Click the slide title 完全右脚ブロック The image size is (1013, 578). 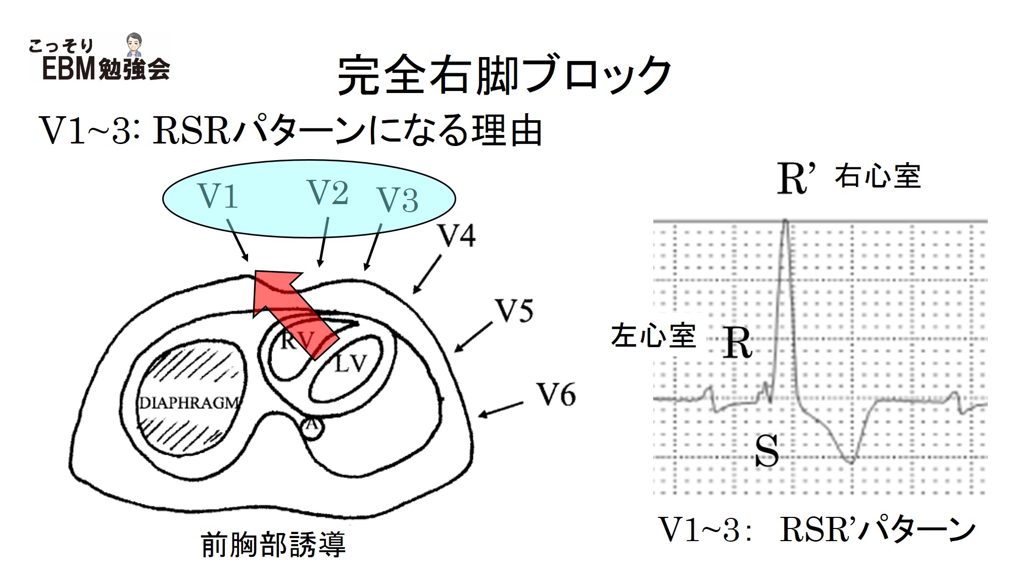(x=504, y=76)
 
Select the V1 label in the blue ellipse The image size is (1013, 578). (x=218, y=196)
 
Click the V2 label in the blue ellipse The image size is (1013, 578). (x=328, y=192)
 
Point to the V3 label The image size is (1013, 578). (x=398, y=200)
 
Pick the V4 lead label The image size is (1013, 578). (x=457, y=235)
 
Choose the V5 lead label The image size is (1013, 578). (x=514, y=311)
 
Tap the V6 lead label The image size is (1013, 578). (x=556, y=395)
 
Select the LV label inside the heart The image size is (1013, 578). (x=350, y=363)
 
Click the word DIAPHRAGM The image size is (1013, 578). (x=189, y=403)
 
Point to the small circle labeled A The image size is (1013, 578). (x=312, y=425)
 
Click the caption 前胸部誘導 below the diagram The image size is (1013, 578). (x=273, y=544)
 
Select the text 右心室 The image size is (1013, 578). (x=878, y=177)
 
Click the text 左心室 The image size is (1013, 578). (x=653, y=336)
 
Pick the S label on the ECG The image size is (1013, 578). (x=766, y=451)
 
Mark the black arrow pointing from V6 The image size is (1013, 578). (x=500, y=410)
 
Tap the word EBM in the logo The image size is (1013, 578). (x=69, y=69)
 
